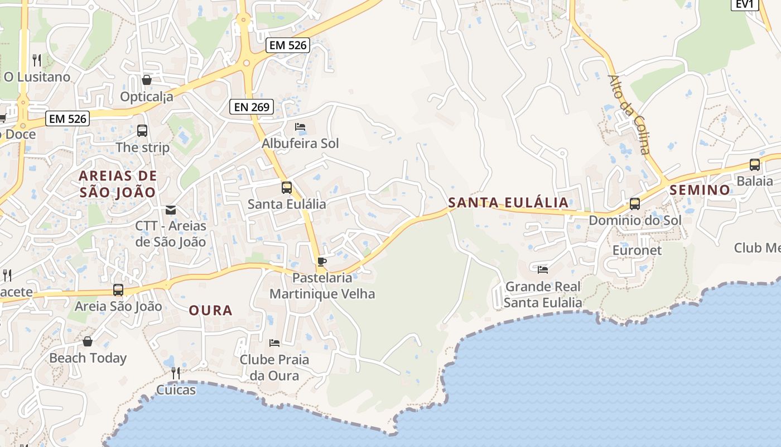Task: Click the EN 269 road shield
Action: click(252, 107)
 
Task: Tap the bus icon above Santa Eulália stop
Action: click(286, 187)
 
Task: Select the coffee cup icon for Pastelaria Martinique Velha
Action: click(321, 261)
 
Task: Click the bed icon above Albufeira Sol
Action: click(300, 127)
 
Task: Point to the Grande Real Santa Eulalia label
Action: click(543, 294)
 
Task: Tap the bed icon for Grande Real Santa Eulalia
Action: click(543, 270)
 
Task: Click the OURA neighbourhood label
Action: click(210, 310)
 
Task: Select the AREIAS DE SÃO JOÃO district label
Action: click(118, 184)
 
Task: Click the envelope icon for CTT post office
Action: click(171, 210)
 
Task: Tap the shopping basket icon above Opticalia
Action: click(147, 80)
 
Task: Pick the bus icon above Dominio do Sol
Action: click(635, 203)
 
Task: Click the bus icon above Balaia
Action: click(755, 164)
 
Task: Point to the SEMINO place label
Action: click(700, 190)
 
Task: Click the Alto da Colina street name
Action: click(629, 115)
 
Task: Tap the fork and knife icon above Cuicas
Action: click(176, 373)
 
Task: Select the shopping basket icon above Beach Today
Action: click(88, 341)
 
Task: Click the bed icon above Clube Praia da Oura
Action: click(274, 343)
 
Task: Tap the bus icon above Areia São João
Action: click(118, 289)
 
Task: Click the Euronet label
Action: click(637, 250)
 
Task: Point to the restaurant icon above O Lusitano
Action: click(37, 60)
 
